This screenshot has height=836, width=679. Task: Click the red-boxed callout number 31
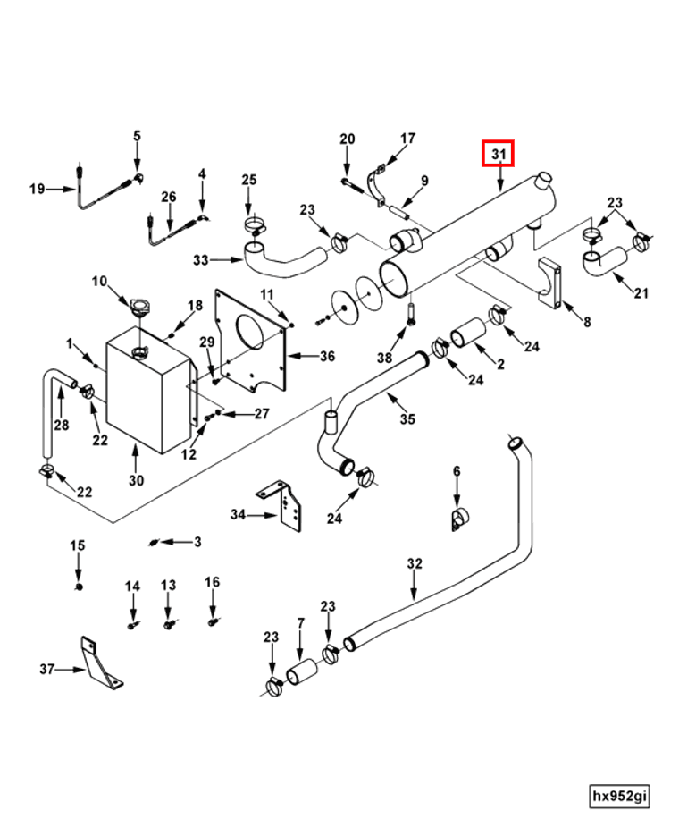coord(499,155)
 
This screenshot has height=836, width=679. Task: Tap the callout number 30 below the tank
coord(136,480)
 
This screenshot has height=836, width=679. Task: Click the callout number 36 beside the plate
coord(327,356)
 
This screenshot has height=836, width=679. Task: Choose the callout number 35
coord(407,418)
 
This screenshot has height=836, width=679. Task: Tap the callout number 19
coord(37,189)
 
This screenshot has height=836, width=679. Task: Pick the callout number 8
coord(586,321)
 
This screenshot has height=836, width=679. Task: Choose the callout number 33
coord(200,260)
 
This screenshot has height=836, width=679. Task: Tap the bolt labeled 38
coord(411,313)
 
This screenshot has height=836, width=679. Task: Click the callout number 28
coord(61,425)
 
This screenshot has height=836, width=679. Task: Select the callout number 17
coord(407,139)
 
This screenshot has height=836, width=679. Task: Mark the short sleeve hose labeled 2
coord(467,337)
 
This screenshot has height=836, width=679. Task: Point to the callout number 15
coord(78,545)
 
